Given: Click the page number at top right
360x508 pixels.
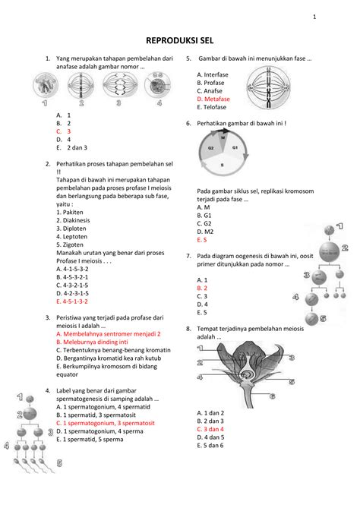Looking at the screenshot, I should (333, 17).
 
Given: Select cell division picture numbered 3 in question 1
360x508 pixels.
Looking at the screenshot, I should (122, 87).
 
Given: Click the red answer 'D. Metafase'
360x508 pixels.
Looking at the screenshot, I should (213, 99).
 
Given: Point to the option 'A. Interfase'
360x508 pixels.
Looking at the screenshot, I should (213, 74).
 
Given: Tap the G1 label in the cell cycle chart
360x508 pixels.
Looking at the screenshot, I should (235, 147).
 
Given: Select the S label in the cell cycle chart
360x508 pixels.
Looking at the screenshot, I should (222, 165).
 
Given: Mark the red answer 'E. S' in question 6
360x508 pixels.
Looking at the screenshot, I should (201, 239).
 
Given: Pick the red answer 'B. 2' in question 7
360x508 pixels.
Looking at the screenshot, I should (202, 288).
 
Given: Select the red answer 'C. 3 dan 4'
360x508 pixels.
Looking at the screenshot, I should (210, 429).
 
